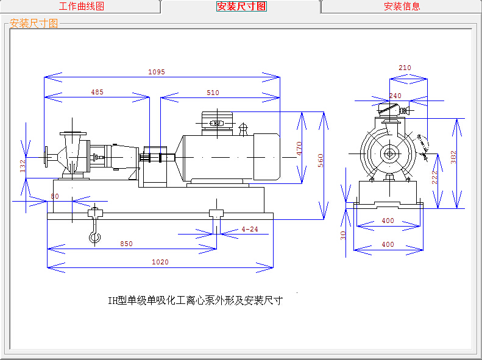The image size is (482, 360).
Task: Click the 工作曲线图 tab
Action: [81, 7]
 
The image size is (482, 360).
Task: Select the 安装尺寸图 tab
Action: [241, 7]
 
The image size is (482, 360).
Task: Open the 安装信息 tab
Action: [402, 7]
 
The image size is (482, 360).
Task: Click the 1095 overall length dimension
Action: [157, 72]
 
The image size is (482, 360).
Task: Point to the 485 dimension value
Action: [97, 93]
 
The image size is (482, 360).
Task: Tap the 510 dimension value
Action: [213, 93]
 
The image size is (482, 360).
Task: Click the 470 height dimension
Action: [299, 149]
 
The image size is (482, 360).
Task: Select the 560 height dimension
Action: [321, 160]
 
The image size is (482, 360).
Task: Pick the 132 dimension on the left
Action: [23, 166]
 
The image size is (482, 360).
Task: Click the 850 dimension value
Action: [126, 244]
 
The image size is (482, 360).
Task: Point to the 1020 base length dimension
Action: [160, 262]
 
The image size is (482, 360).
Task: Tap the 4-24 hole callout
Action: [250, 229]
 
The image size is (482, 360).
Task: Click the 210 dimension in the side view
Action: [405, 68]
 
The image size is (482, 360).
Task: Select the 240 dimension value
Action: [395, 96]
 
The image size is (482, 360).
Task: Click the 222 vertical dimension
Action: [435, 177]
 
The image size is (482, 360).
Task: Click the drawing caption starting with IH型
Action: [195, 300]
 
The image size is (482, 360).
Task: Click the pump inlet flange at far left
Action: [47, 157]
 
